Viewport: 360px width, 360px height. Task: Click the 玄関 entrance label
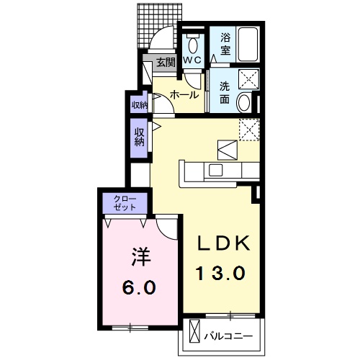[166, 63]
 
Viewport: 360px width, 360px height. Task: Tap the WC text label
[192, 60]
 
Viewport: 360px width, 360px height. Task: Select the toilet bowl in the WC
[193, 45]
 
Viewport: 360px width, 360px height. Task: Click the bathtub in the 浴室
[248, 45]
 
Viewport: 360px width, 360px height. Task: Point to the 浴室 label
[225, 44]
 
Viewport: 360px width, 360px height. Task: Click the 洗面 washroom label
[225, 93]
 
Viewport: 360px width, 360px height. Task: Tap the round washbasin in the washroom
[243, 103]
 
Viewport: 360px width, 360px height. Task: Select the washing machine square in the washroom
[249, 79]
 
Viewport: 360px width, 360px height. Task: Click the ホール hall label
[184, 95]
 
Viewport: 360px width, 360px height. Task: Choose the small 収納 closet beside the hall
[139, 104]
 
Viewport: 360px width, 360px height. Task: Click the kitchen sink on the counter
[216, 170]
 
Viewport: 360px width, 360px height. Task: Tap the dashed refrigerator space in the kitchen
[249, 130]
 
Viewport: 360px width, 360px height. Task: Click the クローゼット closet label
[125, 203]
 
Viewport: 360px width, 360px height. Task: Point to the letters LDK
[223, 243]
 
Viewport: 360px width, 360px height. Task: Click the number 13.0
[221, 274]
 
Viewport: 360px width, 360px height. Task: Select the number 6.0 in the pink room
[139, 287]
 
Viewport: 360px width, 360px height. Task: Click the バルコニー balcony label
[228, 336]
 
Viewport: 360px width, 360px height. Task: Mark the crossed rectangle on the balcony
[194, 331]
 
